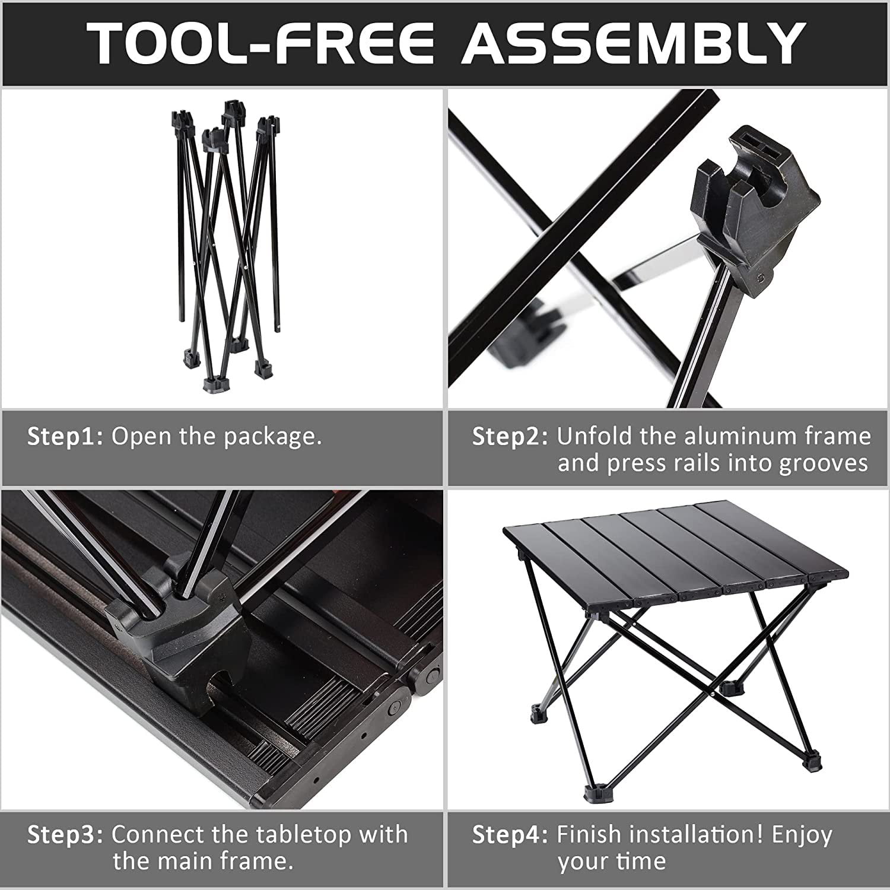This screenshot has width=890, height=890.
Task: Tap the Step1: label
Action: (x=65, y=437)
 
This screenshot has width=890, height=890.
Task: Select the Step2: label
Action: (x=510, y=437)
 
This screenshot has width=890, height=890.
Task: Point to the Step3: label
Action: (x=65, y=834)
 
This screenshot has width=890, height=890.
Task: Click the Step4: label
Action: (x=510, y=834)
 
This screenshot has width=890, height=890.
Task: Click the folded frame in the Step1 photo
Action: (x=228, y=243)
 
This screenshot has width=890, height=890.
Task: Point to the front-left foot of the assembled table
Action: (x=593, y=792)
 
